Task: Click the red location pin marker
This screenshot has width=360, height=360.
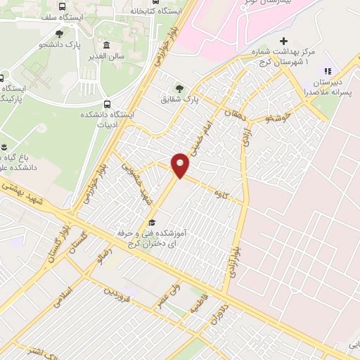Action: pos(181,165)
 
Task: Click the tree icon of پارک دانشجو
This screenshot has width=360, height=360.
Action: pos(59,32)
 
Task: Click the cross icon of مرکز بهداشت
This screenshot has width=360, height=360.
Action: pos(284,41)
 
